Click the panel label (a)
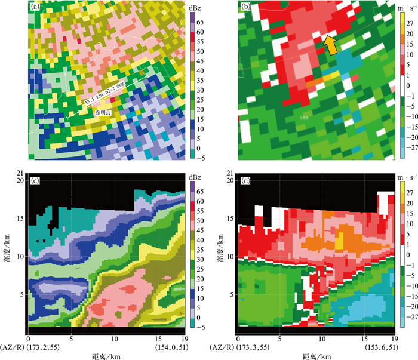[x=36, y=8]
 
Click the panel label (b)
[x=246, y=8]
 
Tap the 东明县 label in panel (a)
[x=101, y=112]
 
